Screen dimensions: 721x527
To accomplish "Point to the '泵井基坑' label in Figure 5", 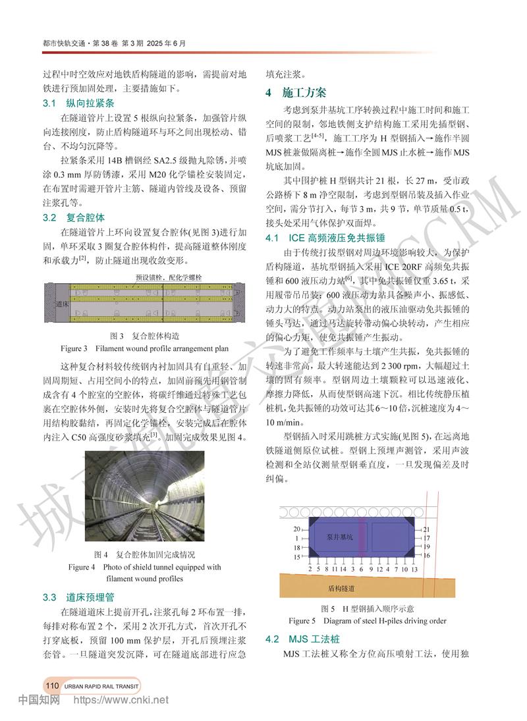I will [340, 537].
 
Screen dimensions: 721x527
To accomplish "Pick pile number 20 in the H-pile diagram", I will [296, 529].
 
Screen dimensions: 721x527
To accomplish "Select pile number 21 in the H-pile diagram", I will [426, 529].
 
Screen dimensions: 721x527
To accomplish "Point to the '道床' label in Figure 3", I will [61, 304].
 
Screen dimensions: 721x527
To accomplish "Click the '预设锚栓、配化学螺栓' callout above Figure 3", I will [163, 277].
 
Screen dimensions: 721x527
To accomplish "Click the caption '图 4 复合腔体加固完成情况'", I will [145, 554].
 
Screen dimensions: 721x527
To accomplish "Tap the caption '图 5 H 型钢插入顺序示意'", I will [368, 608].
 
